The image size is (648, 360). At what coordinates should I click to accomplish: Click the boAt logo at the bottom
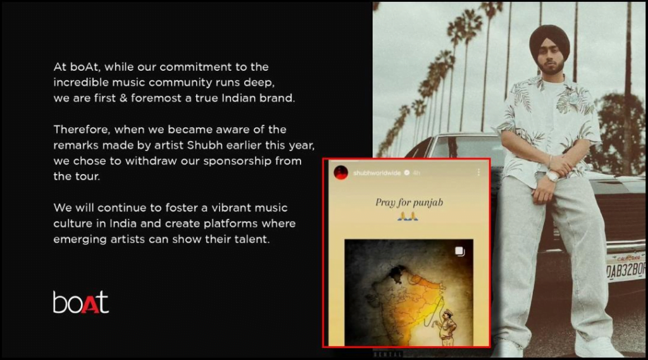[80, 302]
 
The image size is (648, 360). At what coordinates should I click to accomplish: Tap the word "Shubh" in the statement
[204, 146]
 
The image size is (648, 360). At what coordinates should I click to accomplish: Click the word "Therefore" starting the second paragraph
[82, 130]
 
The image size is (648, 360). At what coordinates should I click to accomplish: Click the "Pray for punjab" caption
[409, 202]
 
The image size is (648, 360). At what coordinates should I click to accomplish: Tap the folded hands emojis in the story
[408, 216]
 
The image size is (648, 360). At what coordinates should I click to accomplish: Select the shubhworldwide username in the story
[377, 173]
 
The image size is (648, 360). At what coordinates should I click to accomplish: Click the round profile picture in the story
[341, 172]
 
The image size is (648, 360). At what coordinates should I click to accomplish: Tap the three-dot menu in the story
[478, 172]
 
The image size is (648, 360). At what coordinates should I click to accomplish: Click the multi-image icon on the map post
[459, 251]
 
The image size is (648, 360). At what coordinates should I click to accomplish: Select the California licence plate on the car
[625, 266]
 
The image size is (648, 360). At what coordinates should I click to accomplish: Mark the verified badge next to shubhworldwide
[407, 173]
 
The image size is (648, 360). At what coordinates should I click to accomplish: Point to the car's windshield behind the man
[467, 147]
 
